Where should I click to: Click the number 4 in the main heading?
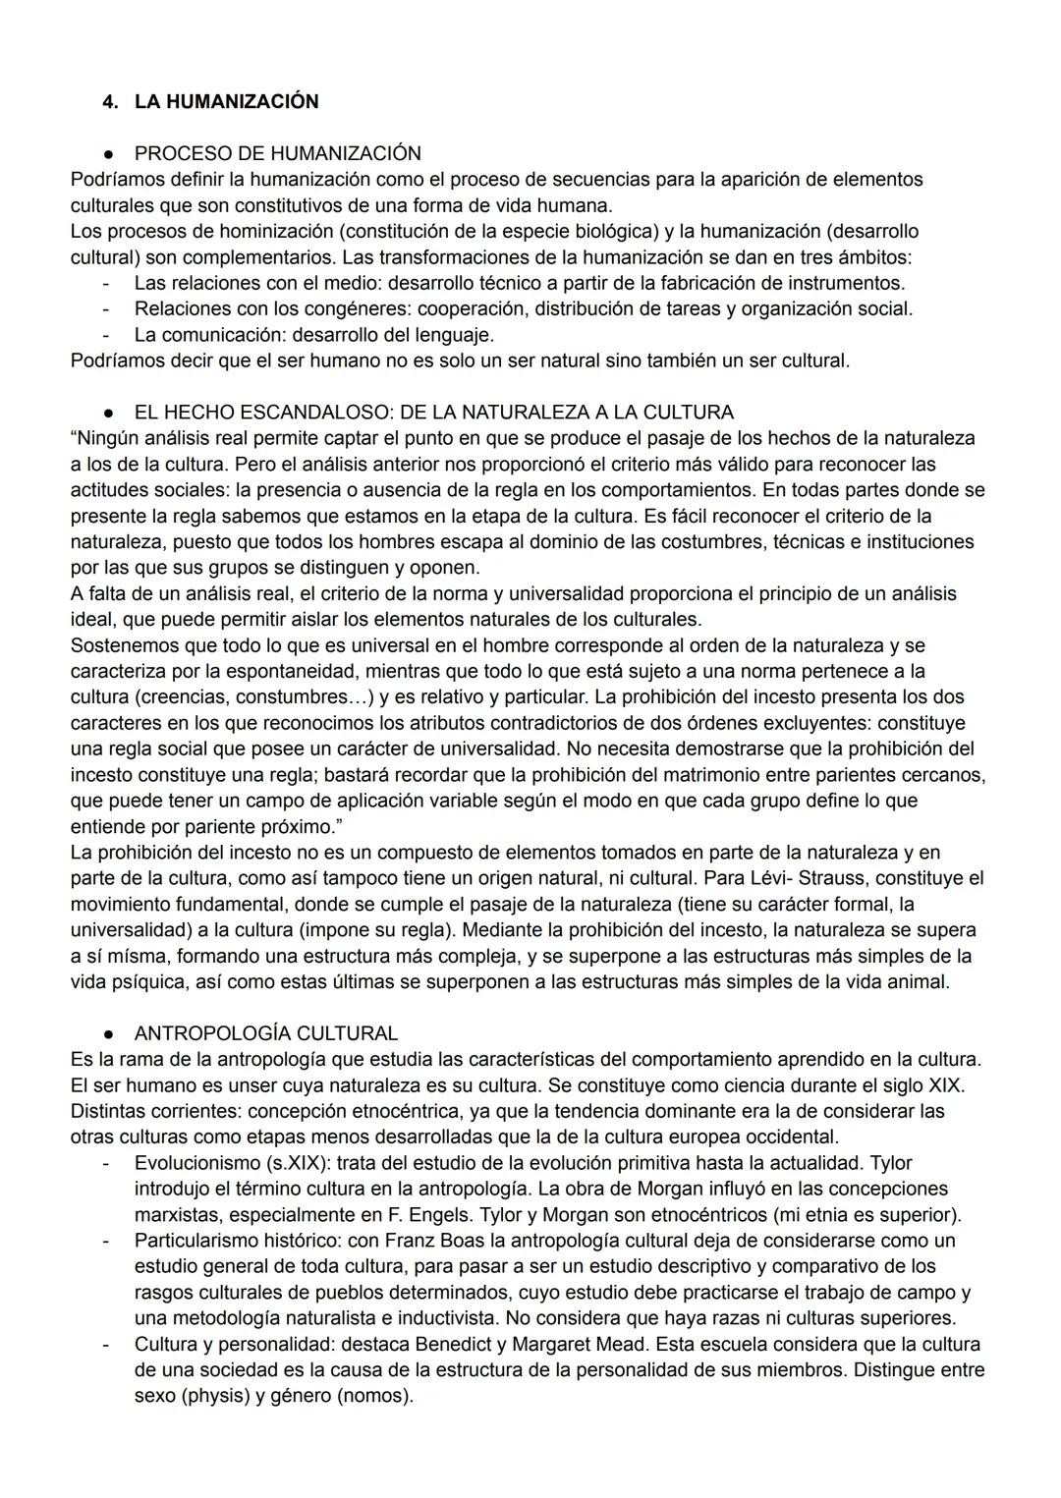(x=108, y=101)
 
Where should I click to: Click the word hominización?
(x=218, y=232)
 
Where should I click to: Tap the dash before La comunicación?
(x=105, y=335)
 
